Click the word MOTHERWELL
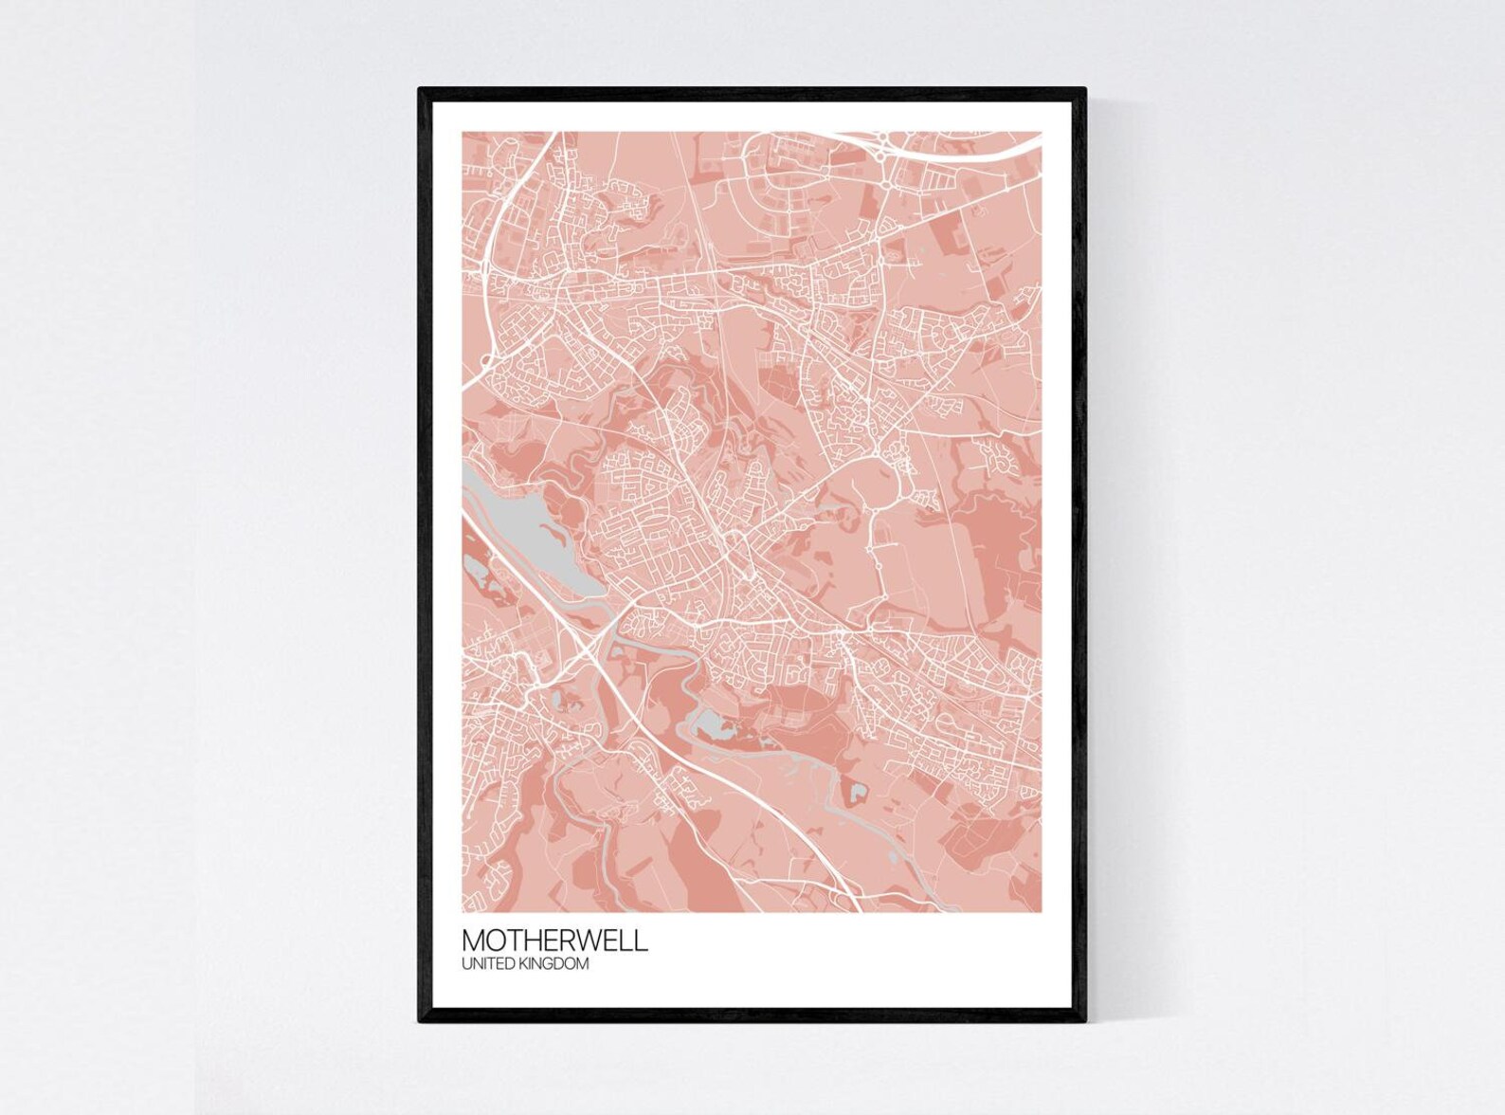click(555, 941)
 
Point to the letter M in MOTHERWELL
click(474, 941)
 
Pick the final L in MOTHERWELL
click(643, 941)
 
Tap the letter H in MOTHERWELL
click(530, 941)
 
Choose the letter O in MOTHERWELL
click(494, 941)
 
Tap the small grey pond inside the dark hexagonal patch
click(858, 790)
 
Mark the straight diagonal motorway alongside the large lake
click(531, 588)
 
